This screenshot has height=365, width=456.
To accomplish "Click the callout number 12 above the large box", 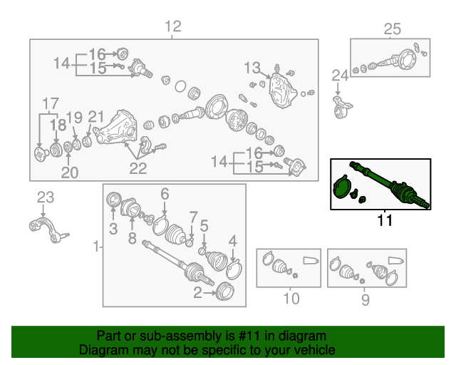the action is click(x=173, y=26).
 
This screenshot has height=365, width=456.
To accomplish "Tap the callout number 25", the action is click(x=393, y=29).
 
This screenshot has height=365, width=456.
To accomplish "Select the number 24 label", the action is click(x=340, y=76).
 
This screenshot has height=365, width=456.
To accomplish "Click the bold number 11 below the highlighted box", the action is click(x=385, y=220).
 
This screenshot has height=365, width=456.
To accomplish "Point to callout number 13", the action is click(x=252, y=68).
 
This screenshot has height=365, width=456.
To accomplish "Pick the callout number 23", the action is click(x=46, y=197).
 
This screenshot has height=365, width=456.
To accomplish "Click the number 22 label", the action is click(x=138, y=168).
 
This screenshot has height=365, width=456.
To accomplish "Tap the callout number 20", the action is click(x=70, y=173).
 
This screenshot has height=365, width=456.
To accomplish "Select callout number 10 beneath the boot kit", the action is click(x=291, y=299).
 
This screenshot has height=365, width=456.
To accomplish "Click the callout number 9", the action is click(x=366, y=299).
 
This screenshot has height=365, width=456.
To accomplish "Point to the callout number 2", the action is click(x=197, y=292).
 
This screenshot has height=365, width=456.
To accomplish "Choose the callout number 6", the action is click(x=165, y=194).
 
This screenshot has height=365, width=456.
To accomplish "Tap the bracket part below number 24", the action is click(x=342, y=107).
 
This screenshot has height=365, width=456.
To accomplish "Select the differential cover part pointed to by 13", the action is click(x=282, y=91).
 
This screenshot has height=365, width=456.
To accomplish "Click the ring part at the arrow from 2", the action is click(x=225, y=291).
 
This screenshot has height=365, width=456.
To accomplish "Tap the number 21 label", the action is click(x=96, y=117).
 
